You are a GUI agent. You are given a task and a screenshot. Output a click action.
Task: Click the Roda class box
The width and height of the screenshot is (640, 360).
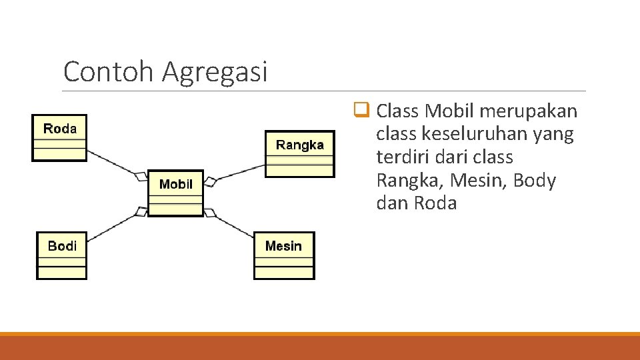[59, 138]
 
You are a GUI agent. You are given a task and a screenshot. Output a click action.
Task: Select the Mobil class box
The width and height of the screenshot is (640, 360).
[175, 193]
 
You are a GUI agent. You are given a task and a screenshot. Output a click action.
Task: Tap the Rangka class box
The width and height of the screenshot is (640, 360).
[299, 154]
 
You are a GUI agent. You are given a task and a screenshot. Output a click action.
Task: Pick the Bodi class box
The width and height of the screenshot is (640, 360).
[61, 255]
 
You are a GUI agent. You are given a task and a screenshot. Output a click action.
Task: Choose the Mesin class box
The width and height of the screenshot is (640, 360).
[284, 255]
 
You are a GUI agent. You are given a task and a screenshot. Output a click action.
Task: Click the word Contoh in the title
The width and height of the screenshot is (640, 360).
[109, 71]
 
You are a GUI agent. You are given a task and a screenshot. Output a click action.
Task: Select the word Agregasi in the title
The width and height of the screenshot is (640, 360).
[214, 71]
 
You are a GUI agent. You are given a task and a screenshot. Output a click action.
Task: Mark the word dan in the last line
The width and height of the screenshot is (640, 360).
[393, 203]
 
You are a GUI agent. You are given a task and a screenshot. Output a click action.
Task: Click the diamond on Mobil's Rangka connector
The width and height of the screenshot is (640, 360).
[209, 181]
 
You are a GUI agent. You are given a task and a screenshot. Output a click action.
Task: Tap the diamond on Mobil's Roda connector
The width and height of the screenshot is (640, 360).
[141, 176]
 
